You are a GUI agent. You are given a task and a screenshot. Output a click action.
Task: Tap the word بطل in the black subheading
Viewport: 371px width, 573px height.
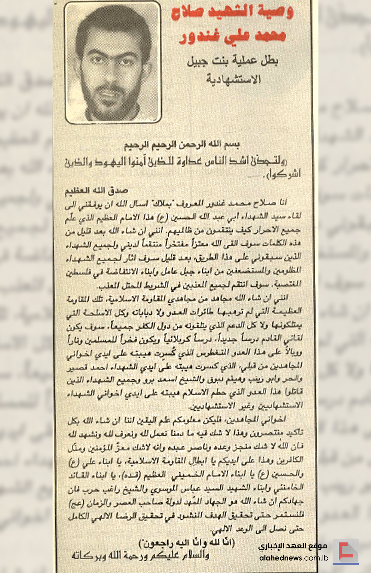coord(270,61)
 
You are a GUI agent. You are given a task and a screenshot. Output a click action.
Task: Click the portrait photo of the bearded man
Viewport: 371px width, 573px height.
coord(113,62)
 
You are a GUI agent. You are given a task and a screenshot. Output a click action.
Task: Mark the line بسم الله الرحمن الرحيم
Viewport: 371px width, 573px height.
coord(182,145)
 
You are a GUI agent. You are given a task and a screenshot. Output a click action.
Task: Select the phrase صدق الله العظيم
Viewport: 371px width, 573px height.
coord(97,190)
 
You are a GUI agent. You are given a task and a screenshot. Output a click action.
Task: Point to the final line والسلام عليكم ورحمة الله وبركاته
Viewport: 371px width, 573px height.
coord(140,555)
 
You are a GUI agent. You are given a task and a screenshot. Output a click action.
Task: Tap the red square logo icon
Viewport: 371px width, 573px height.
coord(346,551)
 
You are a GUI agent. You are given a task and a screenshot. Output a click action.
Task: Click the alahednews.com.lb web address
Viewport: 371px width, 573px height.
coord(294,558)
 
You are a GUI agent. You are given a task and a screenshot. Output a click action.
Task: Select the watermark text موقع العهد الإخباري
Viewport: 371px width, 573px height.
coord(293,546)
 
